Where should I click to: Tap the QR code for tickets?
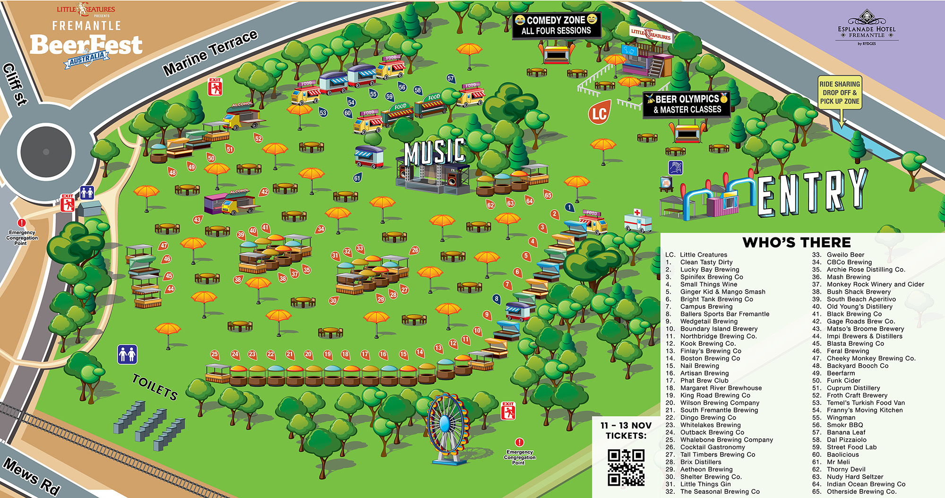click(626, 468)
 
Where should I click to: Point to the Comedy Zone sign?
click(556, 25)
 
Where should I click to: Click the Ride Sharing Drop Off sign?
click(840, 93)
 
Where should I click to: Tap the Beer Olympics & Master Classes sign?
click(687, 104)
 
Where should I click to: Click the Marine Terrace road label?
click(210, 52)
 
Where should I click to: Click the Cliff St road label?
click(15, 84)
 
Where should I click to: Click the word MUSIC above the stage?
click(435, 151)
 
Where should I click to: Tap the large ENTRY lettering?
click(813, 192)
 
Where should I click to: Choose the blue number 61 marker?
click(357, 178)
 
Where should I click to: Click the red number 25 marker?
click(215, 354)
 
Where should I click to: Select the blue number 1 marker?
click(570, 207)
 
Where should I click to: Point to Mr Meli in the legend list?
click(838, 462)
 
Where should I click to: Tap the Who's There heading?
click(797, 243)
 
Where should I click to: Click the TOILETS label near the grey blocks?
click(155, 387)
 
